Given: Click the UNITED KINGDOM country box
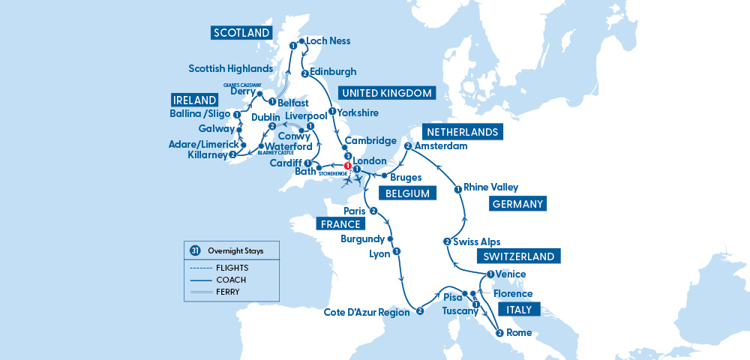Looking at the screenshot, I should (x=386, y=94).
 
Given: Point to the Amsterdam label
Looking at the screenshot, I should (x=442, y=145).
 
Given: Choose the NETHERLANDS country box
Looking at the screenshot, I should (x=461, y=132).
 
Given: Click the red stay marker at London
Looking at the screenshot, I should (x=347, y=166).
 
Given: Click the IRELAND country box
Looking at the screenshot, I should (x=194, y=100).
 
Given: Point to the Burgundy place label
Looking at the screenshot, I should (x=362, y=239).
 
